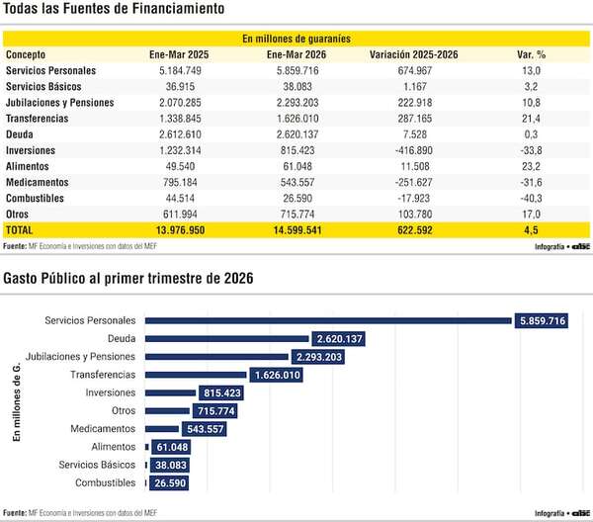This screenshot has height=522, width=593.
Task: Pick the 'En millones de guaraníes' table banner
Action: (296, 39)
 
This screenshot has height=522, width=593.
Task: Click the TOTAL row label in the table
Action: (20, 229)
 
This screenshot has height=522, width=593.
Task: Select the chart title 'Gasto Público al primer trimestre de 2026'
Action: (127, 279)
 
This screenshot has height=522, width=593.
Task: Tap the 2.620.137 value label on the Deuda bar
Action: (338, 339)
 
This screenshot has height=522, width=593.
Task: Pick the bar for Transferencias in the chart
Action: (196, 375)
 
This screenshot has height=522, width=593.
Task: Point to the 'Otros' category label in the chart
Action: (123, 410)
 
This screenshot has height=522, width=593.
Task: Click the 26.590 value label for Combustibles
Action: (168, 482)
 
